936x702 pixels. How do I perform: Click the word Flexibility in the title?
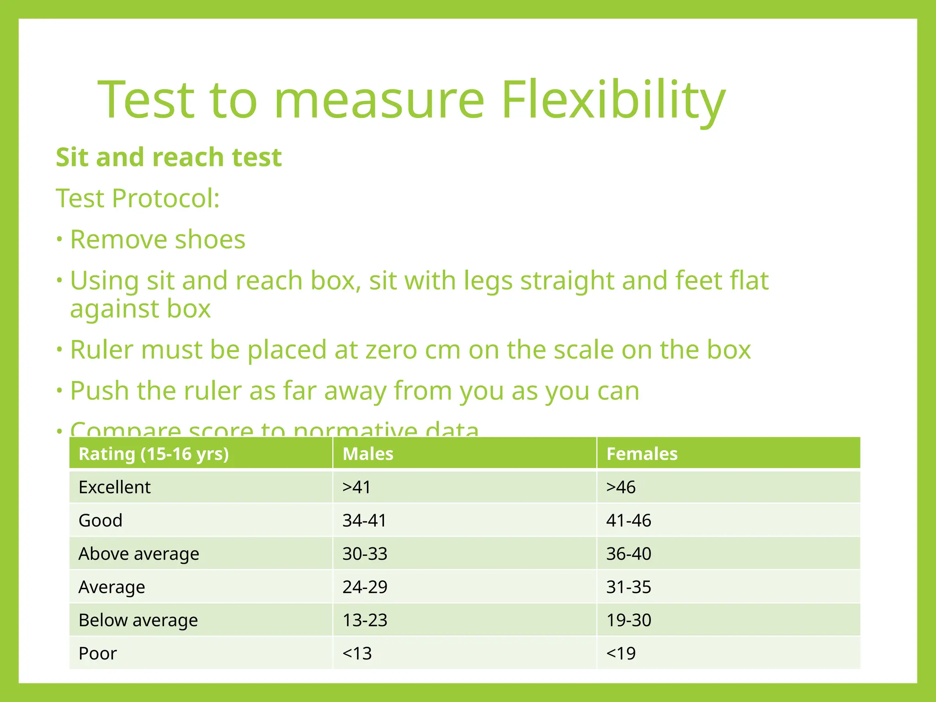[612, 101]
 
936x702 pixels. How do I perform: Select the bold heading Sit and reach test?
[169, 157]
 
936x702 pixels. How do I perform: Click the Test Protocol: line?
[138, 198]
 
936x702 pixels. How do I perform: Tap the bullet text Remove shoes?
[157, 239]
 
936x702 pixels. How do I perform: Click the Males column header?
[368, 454]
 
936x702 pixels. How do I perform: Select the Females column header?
[642, 454]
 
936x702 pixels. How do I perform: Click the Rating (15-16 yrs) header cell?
[154, 454]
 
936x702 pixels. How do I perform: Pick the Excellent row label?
[114, 487]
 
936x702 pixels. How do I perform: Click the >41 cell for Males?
[356, 487]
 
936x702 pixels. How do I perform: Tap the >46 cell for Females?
[621, 487]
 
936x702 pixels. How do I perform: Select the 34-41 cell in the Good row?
[364, 521]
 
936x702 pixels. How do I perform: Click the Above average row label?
[138, 554]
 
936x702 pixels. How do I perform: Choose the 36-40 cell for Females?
[628, 554]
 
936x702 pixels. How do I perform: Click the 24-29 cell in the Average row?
[365, 587]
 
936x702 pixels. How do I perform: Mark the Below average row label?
[138, 620]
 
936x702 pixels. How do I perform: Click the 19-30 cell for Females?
[628, 620]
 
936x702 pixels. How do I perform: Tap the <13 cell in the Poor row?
[357, 654]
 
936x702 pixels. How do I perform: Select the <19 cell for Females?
[621, 654]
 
